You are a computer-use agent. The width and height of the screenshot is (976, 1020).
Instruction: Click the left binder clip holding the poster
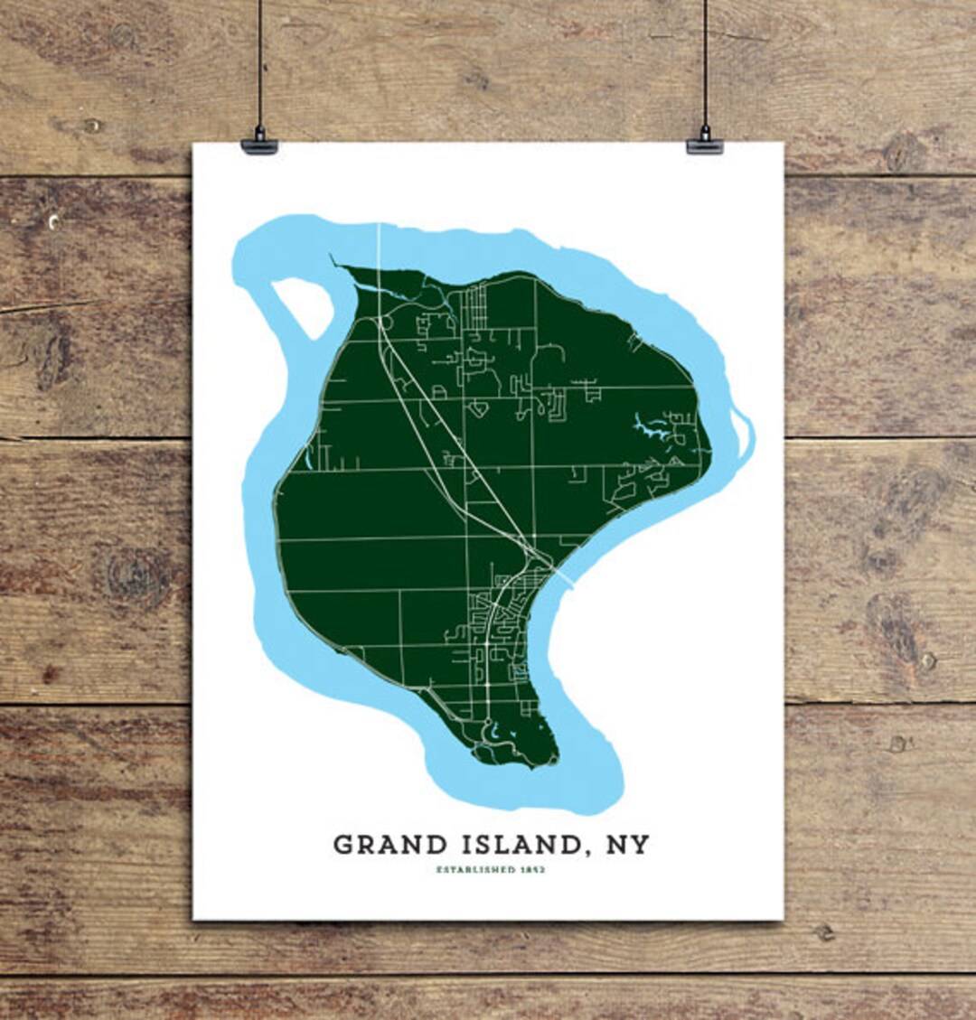tap(259, 145)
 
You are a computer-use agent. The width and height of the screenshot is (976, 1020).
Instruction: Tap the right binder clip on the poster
tap(705, 145)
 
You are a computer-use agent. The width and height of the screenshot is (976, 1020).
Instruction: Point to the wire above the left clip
tap(259, 63)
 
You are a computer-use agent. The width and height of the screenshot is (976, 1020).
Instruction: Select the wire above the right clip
tap(705, 63)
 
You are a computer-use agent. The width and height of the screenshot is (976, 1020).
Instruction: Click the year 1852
tap(533, 870)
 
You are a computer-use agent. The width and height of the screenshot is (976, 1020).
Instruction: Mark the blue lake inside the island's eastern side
tap(651, 426)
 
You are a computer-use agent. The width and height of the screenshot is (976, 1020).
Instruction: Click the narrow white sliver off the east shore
tap(744, 434)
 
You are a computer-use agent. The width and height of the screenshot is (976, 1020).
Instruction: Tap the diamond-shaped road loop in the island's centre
tap(478, 409)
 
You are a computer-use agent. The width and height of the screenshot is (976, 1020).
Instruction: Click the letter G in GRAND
tap(343, 845)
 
